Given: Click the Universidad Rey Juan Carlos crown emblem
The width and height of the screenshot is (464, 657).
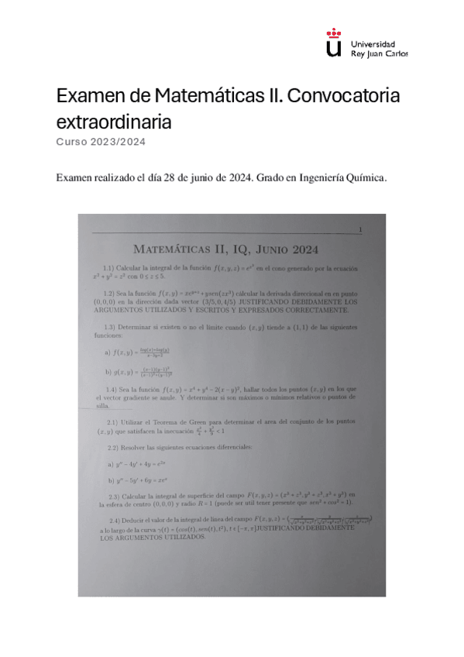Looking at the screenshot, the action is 334,43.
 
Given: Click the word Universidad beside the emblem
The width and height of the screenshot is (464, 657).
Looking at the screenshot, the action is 373,44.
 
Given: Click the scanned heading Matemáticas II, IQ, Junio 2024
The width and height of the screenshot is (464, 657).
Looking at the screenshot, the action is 226,249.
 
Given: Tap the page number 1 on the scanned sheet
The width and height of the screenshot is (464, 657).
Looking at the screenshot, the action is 360,229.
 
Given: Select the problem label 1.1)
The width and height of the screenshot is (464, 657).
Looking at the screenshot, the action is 109,267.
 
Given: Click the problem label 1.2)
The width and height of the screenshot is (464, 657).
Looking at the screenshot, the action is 109,294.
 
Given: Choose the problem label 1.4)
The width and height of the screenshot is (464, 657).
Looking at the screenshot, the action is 112,387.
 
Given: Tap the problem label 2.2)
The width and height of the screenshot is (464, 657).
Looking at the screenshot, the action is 114,448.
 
